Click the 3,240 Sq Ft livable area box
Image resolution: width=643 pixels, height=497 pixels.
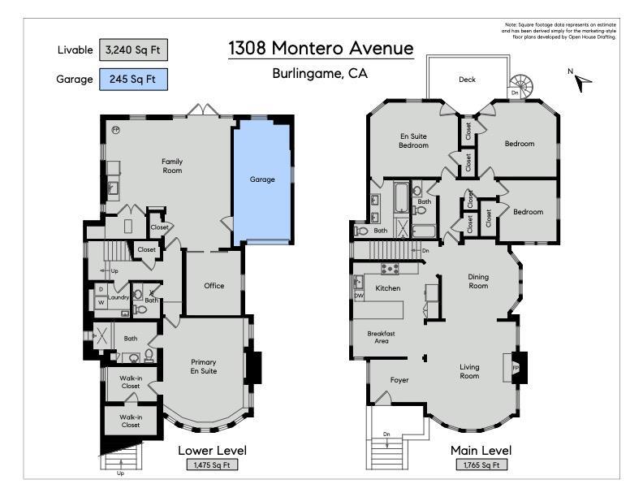click(133, 50)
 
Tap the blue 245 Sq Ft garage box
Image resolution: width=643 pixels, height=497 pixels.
click(133, 79)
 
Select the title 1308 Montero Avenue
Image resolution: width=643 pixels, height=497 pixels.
click(321, 48)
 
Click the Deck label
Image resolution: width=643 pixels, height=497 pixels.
click(467, 80)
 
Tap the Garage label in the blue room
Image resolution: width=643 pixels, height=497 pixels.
click(262, 179)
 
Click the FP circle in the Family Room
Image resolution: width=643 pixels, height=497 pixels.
click(116, 130)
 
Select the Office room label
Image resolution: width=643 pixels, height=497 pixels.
click(214, 285)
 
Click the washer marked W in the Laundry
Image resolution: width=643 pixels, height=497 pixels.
click(101, 303)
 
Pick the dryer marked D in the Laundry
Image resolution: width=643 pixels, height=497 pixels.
click(101, 289)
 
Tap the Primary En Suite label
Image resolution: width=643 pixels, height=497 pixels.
click(204, 366)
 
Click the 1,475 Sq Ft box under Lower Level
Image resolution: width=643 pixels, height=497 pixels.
click(213, 465)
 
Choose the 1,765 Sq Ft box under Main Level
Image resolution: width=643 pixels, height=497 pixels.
click(481, 465)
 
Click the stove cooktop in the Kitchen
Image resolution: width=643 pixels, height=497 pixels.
click(390, 269)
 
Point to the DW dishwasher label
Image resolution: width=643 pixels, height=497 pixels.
click(359, 296)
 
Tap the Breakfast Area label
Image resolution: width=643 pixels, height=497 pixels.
click(382, 337)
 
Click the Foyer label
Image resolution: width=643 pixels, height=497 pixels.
click(399, 380)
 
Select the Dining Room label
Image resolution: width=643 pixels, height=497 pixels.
click(478, 281)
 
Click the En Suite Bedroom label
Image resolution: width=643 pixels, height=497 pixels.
click(414, 140)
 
